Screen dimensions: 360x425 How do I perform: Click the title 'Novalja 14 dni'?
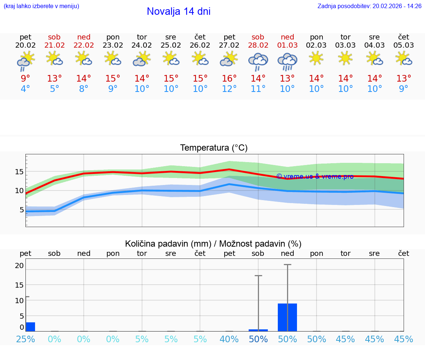[x=179, y=11]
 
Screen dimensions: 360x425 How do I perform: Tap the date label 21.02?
[x=54, y=45]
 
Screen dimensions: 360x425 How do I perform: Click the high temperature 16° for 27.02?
[x=229, y=79]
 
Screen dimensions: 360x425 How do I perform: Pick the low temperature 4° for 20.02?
[x=25, y=89]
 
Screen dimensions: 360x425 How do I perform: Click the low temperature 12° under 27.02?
[x=229, y=89]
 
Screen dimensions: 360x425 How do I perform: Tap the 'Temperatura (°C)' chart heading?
[x=214, y=148]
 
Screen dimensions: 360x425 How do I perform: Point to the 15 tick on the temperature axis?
[x=19, y=172]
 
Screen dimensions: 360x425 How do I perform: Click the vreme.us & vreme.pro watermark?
[x=315, y=176]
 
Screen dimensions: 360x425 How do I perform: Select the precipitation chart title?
[x=213, y=244]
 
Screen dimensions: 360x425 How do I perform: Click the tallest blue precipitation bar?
[x=287, y=317]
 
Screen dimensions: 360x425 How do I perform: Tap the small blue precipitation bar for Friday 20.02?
[x=31, y=327]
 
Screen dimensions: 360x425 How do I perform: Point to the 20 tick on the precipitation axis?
[x=19, y=265]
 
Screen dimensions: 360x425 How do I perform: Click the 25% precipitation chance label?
[x=25, y=339]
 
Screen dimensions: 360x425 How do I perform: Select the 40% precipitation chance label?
[x=229, y=339]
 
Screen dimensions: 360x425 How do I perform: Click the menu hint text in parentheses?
[x=41, y=6]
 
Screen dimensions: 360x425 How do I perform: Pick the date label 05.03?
[x=404, y=45]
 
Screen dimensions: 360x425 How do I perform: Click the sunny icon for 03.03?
[x=345, y=58]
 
